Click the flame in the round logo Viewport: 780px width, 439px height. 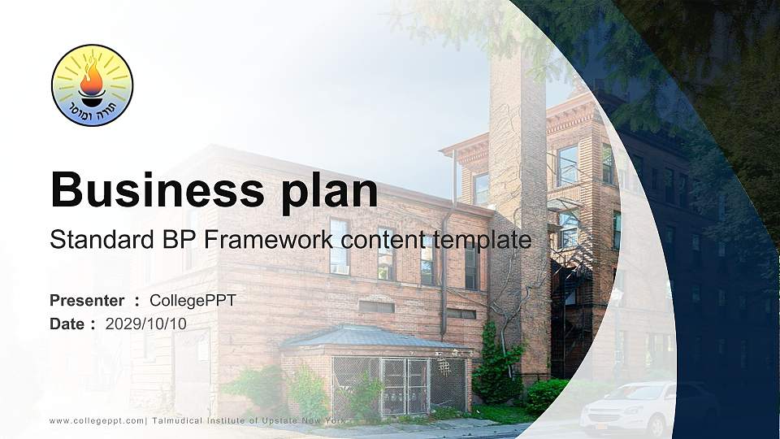click(91, 79)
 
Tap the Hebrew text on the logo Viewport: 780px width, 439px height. click(92, 109)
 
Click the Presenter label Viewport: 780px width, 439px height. click(87, 301)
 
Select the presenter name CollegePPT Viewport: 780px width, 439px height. click(193, 301)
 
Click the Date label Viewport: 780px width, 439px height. click(67, 324)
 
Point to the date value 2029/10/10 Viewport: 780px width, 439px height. click(145, 324)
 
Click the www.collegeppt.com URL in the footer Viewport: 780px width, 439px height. click(97, 420)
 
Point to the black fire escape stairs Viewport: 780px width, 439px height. click(570, 301)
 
